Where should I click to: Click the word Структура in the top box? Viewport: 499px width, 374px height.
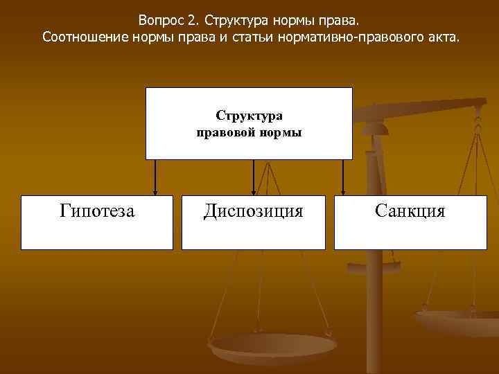249,116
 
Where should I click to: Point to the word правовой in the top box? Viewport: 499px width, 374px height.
225,132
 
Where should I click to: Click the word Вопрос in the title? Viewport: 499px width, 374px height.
161,18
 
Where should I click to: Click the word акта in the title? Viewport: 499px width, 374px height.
442,35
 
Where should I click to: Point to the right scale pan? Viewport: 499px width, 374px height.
457,322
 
